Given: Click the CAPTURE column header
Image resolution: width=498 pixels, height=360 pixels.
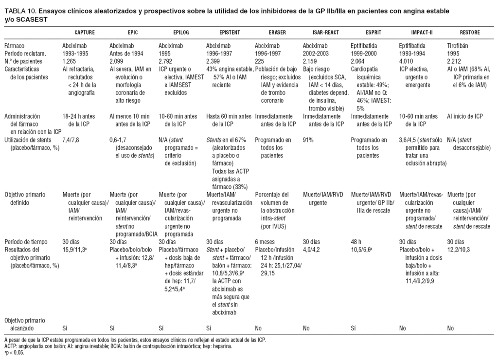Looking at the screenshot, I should click(x=84, y=33).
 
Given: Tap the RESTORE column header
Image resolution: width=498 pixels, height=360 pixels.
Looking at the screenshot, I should click(x=469, y=33).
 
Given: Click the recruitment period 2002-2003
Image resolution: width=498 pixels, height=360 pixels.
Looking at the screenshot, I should click(x=316, y=54).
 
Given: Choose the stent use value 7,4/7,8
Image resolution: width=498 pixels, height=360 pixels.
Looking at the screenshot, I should click(x=73, y=140).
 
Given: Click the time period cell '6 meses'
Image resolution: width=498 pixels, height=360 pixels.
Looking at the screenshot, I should click(x=266, y=241).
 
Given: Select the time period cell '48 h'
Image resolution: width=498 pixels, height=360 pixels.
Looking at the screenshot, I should click(x=356, y=241).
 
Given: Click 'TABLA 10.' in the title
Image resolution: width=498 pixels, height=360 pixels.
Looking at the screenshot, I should click(x=18, y=11).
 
